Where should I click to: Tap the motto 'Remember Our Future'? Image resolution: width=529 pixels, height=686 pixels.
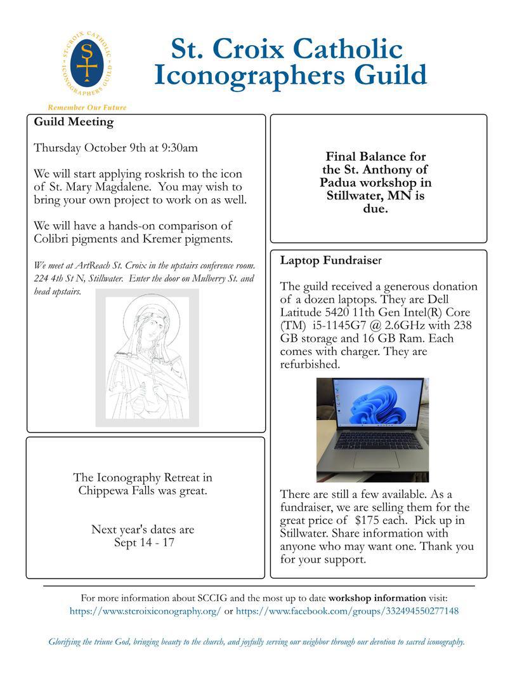87,107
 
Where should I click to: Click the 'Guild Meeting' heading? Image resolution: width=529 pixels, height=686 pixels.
74,122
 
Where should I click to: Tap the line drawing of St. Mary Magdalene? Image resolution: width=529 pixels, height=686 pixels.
147,358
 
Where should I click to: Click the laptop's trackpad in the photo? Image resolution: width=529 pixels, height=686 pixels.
376,460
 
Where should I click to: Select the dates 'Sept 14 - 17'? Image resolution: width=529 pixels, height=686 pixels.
144,542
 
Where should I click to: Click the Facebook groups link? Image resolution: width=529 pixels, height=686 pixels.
347,611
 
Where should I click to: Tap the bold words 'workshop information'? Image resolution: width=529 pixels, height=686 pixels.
377,598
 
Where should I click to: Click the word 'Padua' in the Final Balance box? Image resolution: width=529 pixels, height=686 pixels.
339,182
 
